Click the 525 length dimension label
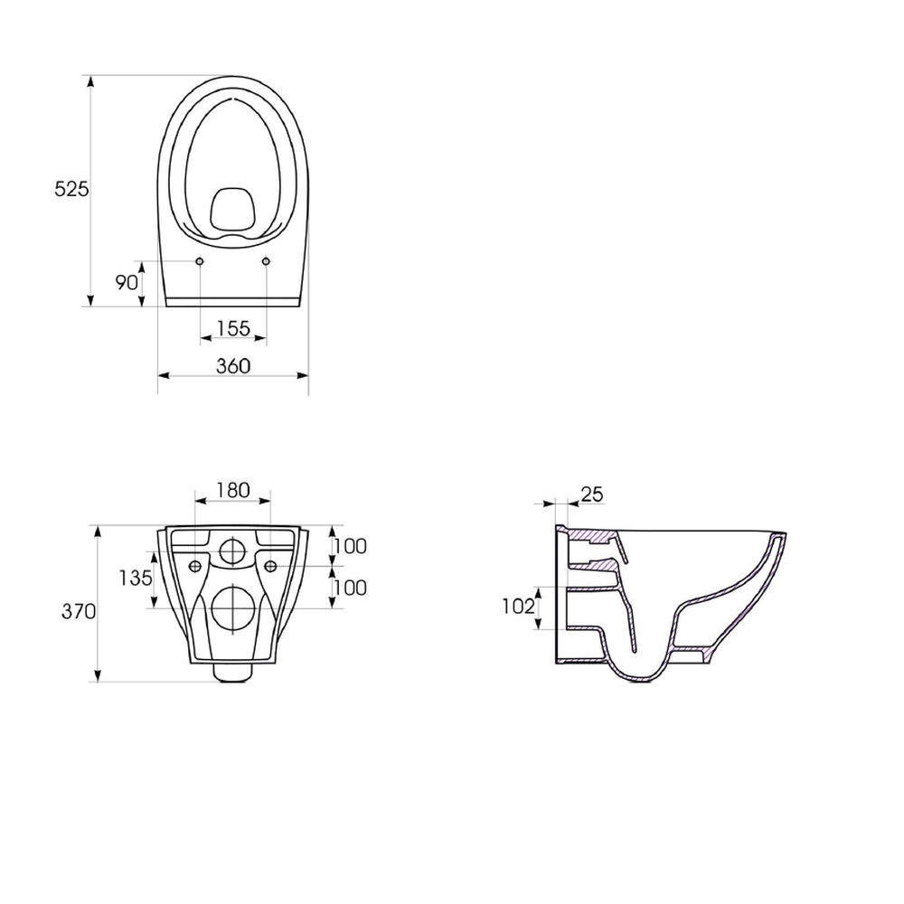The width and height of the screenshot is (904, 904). [71, 189]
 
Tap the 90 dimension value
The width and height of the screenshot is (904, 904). [127, 282]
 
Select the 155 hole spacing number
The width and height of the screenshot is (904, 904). [233, 329]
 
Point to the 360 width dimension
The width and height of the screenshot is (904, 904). [233, 366]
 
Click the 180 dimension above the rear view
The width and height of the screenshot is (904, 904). [233, 490]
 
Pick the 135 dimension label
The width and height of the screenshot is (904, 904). [136, 578]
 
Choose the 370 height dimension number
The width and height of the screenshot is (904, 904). [79, 611]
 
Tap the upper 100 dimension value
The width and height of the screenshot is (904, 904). [351, 546]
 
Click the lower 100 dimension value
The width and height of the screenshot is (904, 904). [351, 589]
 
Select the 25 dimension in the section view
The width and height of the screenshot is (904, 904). [592, 494]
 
